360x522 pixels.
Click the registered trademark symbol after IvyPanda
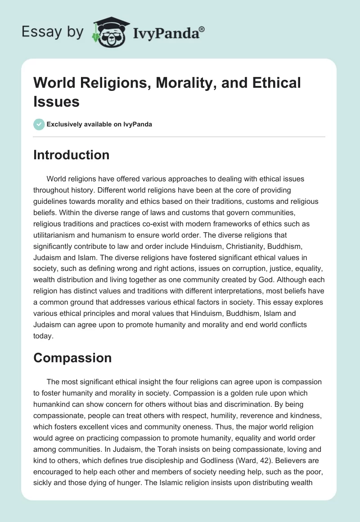(202, 29)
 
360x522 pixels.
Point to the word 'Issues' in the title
(57, 101)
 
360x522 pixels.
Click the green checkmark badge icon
(39, 124)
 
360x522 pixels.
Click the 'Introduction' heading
(72, 155)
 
